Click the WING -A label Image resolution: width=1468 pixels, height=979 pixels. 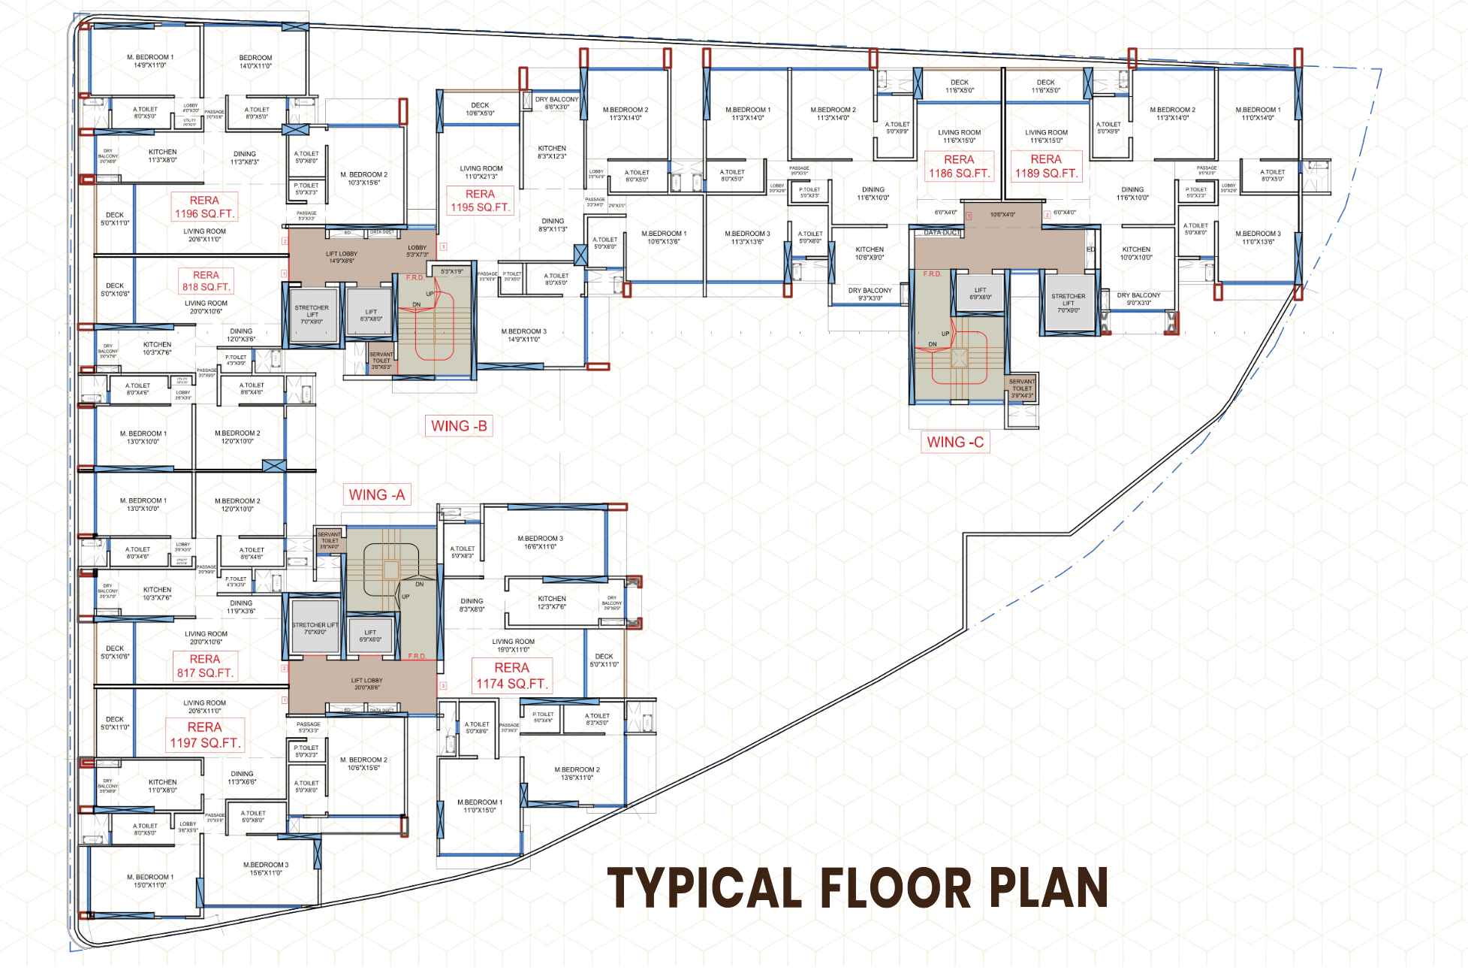(x=377, y=494)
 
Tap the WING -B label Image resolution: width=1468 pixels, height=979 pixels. (x=459, y=427)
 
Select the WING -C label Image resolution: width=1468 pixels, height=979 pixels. (x=955, y=442)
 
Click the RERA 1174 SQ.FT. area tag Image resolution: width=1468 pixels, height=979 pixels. (x=512, y=675)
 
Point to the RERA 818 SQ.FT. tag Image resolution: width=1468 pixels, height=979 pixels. (x=206, y=281)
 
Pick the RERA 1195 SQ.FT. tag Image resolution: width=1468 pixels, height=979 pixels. (x=481, y=201)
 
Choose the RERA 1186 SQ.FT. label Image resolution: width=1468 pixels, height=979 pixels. (x=959, y=166)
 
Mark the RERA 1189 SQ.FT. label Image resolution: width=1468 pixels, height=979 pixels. (x=1046, y=166)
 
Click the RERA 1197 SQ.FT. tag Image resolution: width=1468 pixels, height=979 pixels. (x=205, y=735)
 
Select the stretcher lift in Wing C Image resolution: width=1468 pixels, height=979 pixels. (x=1068, y=303)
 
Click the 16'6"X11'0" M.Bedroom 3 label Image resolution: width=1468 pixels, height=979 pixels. (x=540, y=542)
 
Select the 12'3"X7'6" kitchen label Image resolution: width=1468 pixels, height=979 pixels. (x=552, y=603)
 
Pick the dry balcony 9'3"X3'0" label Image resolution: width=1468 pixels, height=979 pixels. (x=870, y=294)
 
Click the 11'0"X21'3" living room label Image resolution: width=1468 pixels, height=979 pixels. (x=481, y=173)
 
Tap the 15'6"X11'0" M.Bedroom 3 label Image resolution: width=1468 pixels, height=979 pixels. (x=266, y=869)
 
